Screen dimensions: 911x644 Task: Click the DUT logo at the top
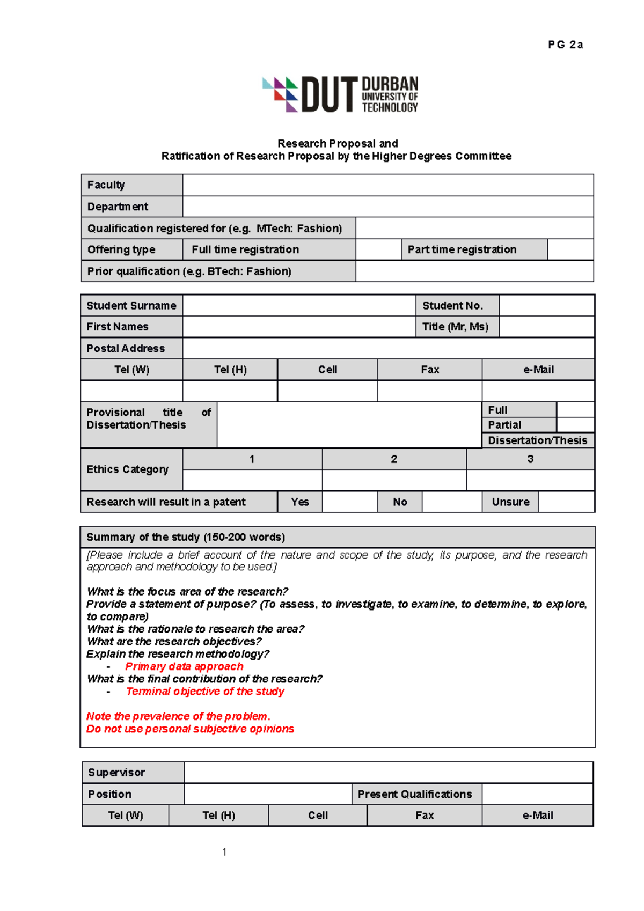[x=340, y=94]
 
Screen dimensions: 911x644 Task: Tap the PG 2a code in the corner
[x=565, y=45]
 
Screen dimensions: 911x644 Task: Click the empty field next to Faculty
[x=387, y=185]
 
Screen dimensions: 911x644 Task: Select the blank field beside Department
[x=387, y=207]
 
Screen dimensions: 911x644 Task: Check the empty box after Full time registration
[x=378, y=250]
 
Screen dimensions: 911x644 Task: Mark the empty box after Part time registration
[x=570, y=250]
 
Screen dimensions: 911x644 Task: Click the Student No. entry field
[x=546, y=306]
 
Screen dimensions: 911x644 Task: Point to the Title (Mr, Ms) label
[x=455, y=327]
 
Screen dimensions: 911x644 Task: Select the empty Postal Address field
[x=387, y=349]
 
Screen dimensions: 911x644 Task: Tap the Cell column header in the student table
[x=327, y=370]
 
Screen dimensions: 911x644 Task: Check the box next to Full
[x=575, y=410]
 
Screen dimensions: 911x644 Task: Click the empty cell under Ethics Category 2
[x=394, y=480]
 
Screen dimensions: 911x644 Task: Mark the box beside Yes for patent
[x=349, y=502]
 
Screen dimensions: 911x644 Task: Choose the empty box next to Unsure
[x=566, y=502]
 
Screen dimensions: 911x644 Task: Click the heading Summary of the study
[x=186, y=537]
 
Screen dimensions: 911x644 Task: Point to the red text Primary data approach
[x=184, y=666]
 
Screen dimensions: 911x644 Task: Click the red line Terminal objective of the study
[x=205, y=692]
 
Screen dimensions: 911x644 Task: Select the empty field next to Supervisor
[x=388, y=773]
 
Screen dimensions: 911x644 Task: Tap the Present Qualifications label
[x=415, y=794]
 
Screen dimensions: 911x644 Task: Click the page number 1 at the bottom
[x=224, y=852]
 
